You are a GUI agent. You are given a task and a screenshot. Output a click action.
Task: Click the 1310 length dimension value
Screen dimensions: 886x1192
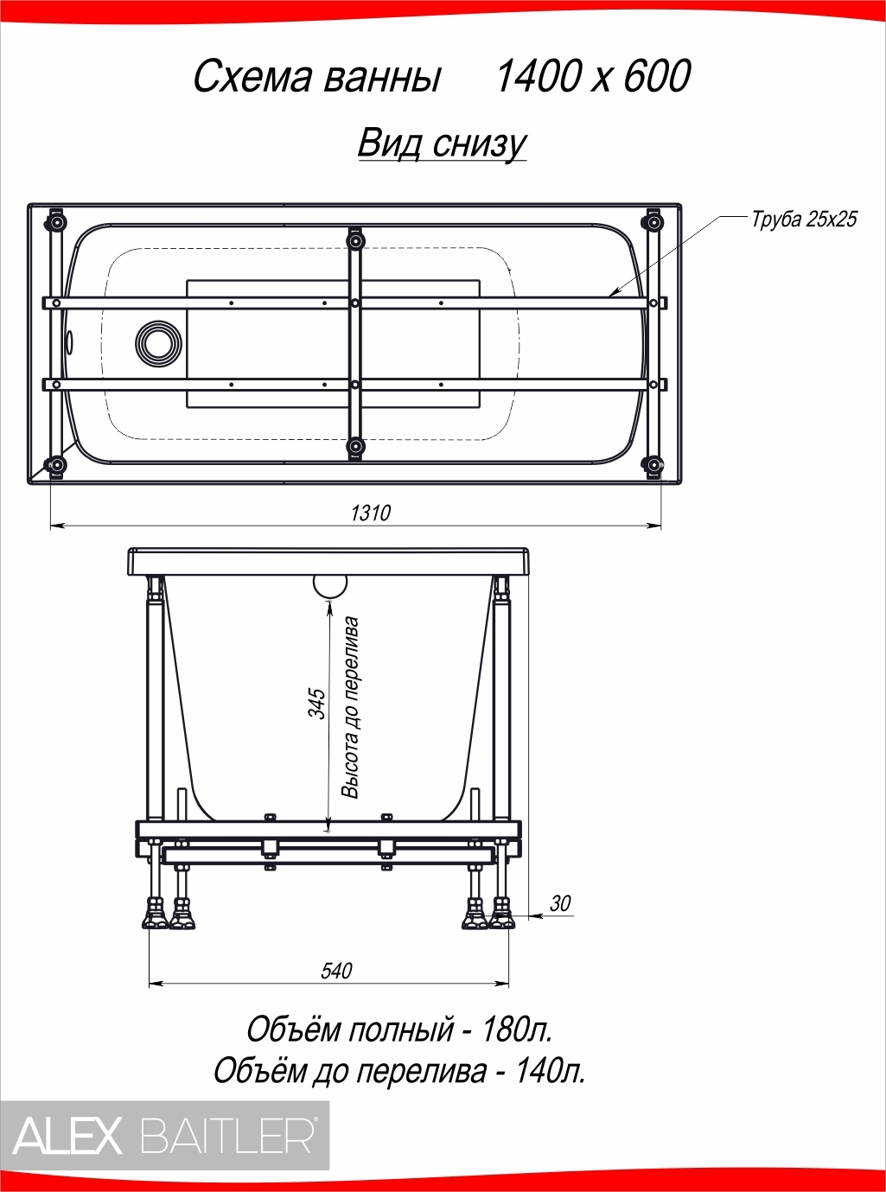[371, 513]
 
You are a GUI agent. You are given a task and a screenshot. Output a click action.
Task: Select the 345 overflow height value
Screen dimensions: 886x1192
[317, 703]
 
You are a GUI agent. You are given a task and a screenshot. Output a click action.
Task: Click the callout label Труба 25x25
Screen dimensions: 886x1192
[804, 219]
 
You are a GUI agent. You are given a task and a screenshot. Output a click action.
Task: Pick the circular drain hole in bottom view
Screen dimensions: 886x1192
[158, 344]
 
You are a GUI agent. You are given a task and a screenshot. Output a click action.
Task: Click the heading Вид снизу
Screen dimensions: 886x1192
[442, 143]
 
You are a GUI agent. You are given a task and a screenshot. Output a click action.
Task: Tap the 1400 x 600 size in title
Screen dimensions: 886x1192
[592, 77]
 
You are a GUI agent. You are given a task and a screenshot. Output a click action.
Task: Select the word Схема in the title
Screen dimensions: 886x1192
[252, 78]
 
